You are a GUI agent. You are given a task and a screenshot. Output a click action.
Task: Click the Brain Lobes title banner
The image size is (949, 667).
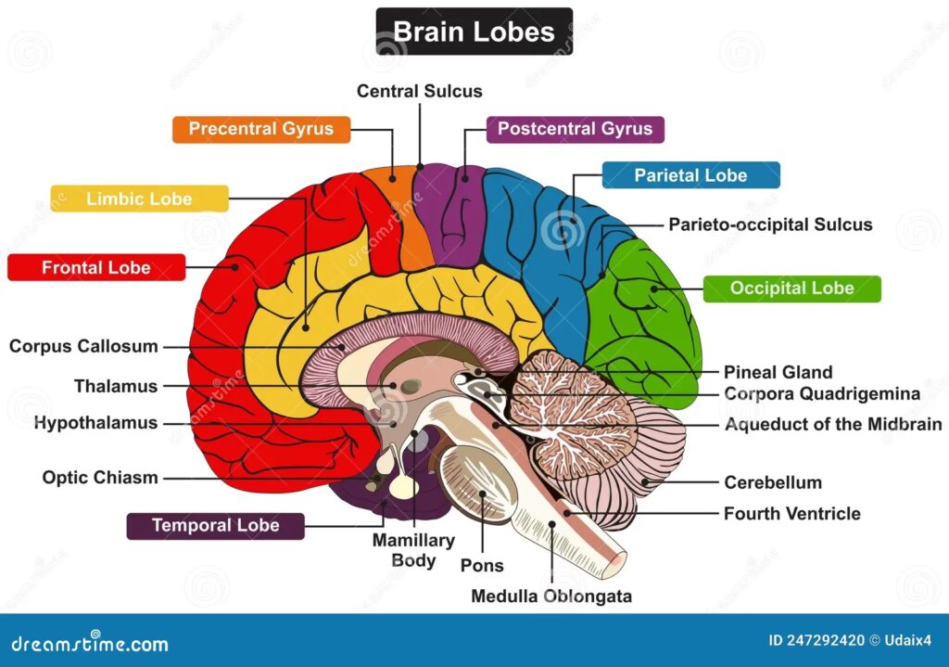click(x=474, y=32)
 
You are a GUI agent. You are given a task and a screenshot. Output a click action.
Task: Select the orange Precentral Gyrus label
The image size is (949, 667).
click(x=261, y=129)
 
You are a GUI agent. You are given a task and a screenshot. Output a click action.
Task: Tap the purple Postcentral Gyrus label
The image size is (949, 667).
click(x=575, y=129)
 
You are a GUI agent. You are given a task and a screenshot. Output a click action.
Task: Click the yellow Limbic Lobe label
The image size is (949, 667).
click(x=139, y=199)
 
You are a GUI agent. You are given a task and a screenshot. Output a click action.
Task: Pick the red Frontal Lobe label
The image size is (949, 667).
click(x=95, y=267)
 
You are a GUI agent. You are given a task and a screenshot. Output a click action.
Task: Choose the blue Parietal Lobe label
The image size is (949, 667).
click(x=690, y=174)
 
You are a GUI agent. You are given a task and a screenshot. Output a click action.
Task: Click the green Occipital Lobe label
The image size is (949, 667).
click(x=791, y=289)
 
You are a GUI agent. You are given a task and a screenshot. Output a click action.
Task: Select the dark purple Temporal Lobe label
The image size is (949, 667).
click(x=215, y=526)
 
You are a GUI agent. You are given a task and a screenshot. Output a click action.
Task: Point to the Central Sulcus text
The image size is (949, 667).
click(x=420, y=91)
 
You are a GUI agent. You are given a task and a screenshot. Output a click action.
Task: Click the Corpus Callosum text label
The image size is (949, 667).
click(x=83, y=347)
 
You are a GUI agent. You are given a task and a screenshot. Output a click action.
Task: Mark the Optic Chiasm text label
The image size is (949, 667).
click(x=100, y=478)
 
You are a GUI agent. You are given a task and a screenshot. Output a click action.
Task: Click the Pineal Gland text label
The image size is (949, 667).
click(x=778, y=372)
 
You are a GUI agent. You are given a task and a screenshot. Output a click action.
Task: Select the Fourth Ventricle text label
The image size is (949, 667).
click(x=791, y=513)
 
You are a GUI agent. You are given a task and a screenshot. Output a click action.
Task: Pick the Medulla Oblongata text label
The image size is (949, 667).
click(x=551, y=596)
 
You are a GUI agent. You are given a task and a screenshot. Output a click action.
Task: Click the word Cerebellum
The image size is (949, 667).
click(x=772, y=482)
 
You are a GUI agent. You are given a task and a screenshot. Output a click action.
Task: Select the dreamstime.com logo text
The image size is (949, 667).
click(x=90, y=643)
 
